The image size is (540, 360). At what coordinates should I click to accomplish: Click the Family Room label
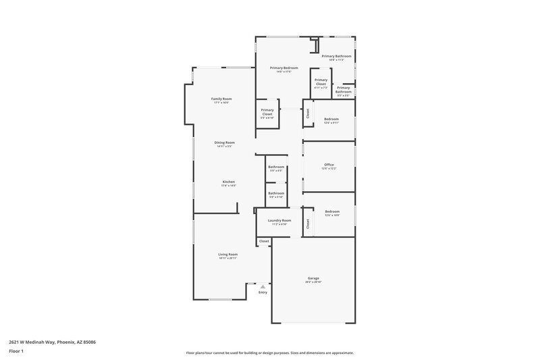click(222, 99)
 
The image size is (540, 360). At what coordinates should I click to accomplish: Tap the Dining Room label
click(225, 143)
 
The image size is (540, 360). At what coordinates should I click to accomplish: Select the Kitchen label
click(229, 182)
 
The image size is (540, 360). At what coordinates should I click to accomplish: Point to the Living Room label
click(227, 254)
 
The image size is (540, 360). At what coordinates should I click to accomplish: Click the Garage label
click(313, 278)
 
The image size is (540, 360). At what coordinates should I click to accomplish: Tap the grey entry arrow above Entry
click(263, 286)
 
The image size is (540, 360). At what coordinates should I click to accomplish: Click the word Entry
click(263, 292)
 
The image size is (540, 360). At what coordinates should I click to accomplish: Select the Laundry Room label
click(279, 220)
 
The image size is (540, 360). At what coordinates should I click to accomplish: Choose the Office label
click(329, 165)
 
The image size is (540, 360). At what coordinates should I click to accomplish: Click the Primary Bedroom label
click(283, 68)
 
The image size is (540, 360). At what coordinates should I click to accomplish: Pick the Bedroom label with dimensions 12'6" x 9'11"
click(331, 119)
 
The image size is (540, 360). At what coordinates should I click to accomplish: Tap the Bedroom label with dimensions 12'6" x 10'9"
click(331, 211)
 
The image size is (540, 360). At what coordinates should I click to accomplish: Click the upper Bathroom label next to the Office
click(276, 167)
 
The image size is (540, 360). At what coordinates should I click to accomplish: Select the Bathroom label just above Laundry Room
click(276, 193)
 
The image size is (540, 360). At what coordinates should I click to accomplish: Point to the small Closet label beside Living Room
click(264, 241)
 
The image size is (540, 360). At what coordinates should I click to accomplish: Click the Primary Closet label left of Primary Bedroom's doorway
click(267, 112)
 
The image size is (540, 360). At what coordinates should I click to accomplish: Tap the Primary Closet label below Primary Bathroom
click(321, 82)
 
